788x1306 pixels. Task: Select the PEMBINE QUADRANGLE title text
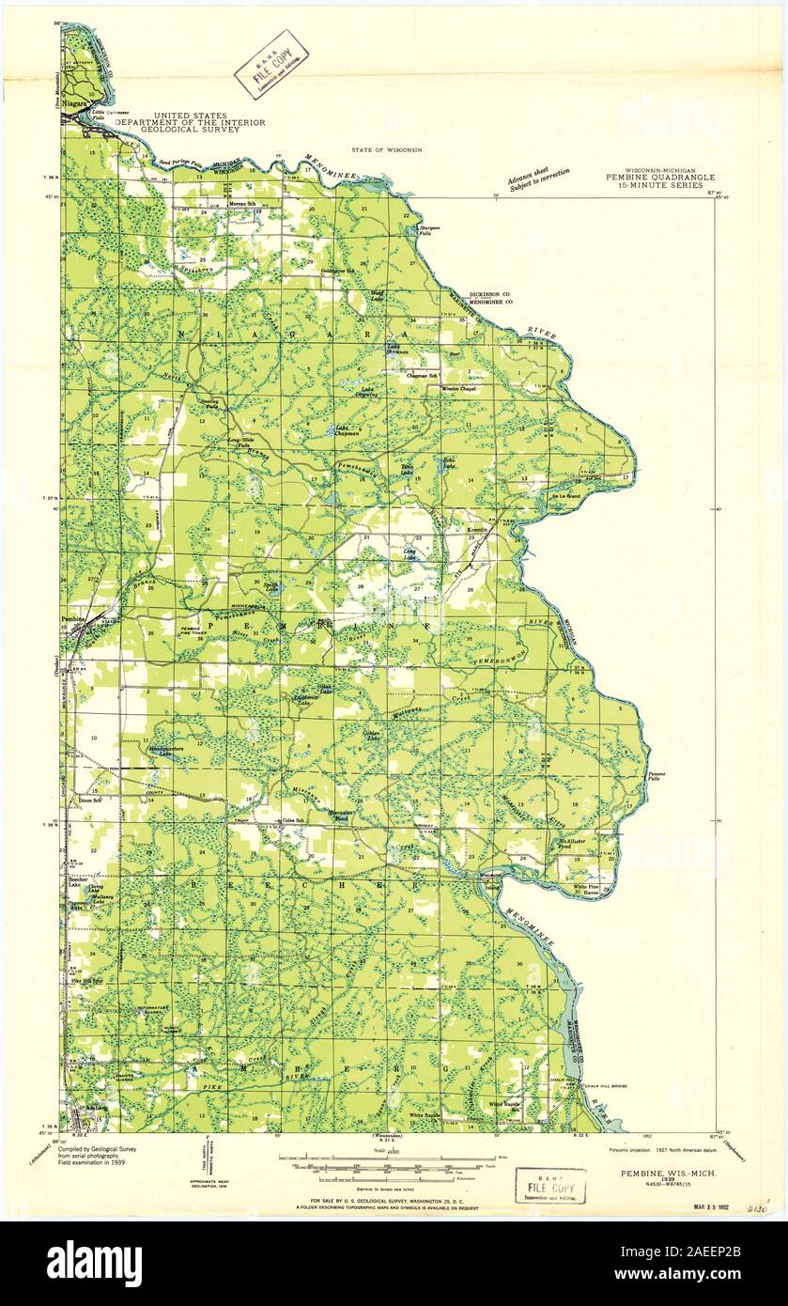tap(666, 177)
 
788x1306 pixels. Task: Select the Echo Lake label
tap(451, 463)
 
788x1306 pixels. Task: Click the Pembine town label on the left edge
tap(73, 619)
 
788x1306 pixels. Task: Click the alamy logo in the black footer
tap(94, 1260)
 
